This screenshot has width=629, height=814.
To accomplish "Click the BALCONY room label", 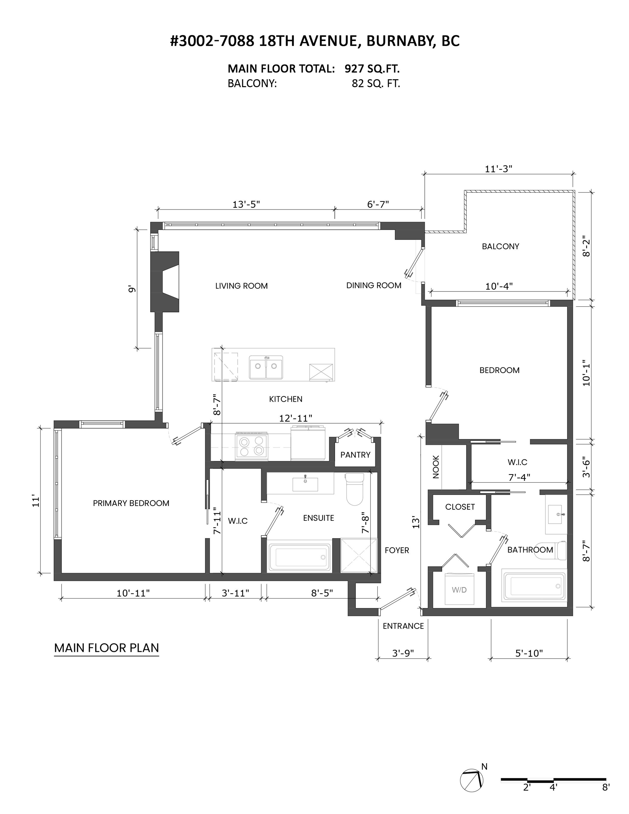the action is [x=500, y=246].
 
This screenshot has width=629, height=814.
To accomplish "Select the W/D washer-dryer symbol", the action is [x=459, y=590].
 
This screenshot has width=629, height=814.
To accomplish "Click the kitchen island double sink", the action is [x=266, y=367].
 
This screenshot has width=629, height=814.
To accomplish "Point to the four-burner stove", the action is [x=252, y=446].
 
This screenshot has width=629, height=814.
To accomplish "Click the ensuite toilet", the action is [x=354, y=489].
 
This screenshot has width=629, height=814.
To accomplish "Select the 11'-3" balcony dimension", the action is [x=499, y=169].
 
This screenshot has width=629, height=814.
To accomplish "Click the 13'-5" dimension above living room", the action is [x=246, y=204].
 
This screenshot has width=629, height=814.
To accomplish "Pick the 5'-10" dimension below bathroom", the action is [x=529, y=653].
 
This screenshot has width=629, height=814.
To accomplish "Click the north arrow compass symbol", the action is [x=472, y=780].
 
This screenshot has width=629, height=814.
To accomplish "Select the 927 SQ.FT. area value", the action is [x=372, y=69].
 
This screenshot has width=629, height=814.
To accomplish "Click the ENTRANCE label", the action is [x=404, y=626].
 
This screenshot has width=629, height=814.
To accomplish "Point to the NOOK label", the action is [x=436, y=467].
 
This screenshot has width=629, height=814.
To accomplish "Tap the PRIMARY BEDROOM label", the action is [x=131, y=503].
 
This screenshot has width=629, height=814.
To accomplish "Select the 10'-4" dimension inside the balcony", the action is [x=499, y=286].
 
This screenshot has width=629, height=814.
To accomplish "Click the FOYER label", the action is [x=397, y=550].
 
